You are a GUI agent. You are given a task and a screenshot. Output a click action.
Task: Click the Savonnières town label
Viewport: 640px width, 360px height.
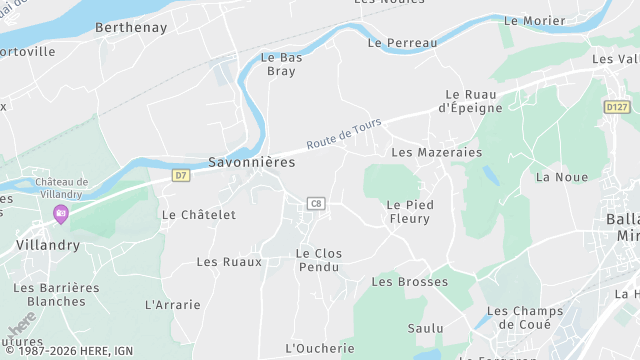click(x=251, y=161)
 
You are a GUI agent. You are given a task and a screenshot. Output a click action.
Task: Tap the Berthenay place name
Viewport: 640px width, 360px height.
click(x=131, y=28)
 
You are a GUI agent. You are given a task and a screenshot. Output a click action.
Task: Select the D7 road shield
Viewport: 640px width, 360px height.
click(x=180, y=175)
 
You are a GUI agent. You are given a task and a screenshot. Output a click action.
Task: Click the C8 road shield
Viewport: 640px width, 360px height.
click(x=316, y=204)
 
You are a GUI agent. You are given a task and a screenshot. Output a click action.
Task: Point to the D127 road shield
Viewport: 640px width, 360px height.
click(x=617, y=107)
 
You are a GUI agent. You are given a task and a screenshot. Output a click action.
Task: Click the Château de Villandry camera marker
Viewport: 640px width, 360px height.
click(x=61, y=213)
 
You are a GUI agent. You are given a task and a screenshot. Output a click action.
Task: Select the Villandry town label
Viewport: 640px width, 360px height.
click(x=47, y=244)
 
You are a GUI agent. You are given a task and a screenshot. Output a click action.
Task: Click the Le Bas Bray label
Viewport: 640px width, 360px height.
click(x=281, y=65)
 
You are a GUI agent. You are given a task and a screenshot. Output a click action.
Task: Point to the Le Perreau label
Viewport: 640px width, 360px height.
click(x=403, y=43)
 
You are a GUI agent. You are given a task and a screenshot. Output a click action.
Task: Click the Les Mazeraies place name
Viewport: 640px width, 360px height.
click(x=436, y=153)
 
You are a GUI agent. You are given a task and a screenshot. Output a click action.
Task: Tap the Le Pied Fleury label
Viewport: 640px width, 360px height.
click(x=408, y=211)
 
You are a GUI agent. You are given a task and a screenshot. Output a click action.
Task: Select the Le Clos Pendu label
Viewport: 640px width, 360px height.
click(x=319, y=261)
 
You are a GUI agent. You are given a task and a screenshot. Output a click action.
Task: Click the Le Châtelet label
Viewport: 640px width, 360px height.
click(x=199, y=214)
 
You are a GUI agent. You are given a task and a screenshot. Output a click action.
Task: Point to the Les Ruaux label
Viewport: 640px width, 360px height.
click(x=229, y=262)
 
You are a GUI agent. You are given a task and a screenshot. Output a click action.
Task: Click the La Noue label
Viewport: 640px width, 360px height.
click(x=562, y=177)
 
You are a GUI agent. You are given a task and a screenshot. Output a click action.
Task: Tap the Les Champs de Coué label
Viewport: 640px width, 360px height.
click(x=525, y=318)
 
